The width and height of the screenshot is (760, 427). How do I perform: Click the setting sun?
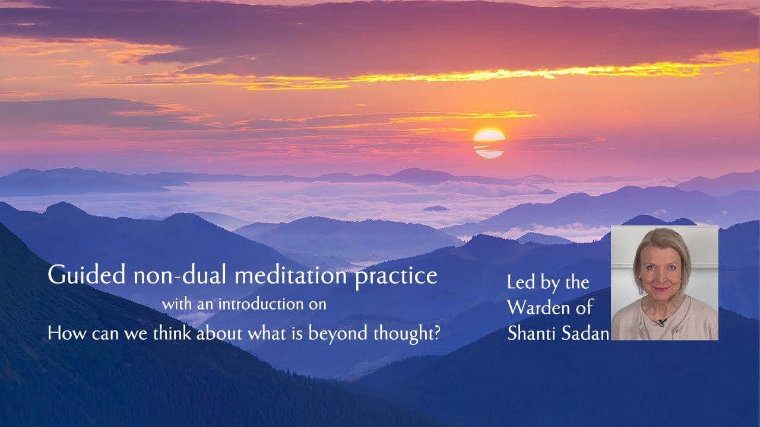tap(489, 144)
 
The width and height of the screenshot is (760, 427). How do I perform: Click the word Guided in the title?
tap(87, 275)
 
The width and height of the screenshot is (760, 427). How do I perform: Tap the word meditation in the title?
tap(291, 275)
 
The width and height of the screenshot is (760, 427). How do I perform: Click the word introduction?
tap(261, 304)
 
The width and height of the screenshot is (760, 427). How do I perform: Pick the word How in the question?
tap(66, 333)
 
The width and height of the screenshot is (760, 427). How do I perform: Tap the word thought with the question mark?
tap(407, 334)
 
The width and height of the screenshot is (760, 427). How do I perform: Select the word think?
tap(172, 333)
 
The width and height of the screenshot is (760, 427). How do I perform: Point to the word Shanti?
tap(531, 333)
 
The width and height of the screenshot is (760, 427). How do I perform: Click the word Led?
tap(521, 282)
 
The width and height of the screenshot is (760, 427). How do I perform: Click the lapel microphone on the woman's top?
tap(661, 321)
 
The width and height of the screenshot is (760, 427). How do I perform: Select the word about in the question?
tap(219, 333)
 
